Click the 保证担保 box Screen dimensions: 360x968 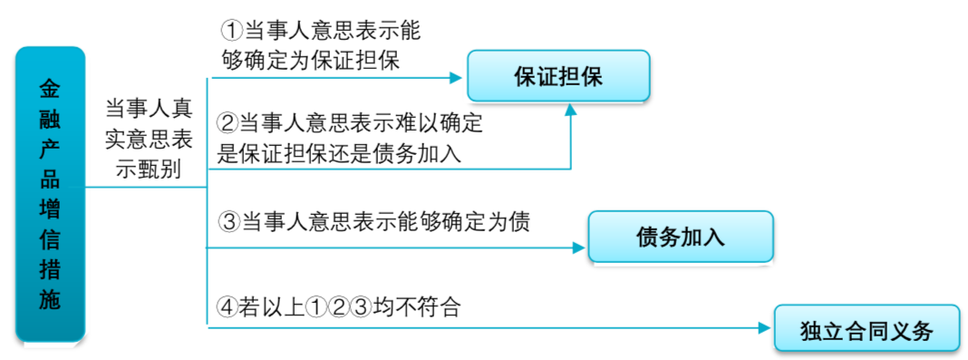point(558,76)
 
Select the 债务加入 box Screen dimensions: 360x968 point(680,237)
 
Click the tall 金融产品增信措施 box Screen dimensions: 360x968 point(51,195)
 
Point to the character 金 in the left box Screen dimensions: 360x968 point(51,89)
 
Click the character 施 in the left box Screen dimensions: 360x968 point(51,301)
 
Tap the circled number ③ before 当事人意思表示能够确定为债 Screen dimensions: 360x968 point(228,221)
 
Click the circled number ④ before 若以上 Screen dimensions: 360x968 point(228,307)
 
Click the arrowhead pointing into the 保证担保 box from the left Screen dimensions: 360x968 point(458,78)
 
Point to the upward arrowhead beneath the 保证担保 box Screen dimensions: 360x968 point(570,109)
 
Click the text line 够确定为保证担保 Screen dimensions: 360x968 point(311,61)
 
